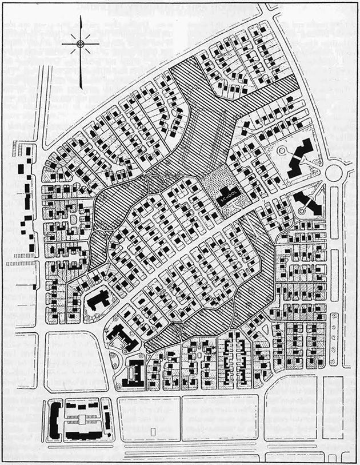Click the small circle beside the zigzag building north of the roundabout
[x=284, y=150]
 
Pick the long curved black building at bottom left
[x=55, y=420]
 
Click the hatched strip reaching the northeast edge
[x=269, y=96]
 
